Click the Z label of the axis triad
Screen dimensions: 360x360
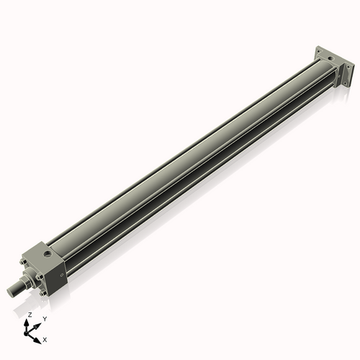[x=30, y=315]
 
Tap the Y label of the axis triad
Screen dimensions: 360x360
[x=45, y=319]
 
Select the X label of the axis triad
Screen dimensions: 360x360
[x=45, y=338]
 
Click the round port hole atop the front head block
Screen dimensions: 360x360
[x=48, y=254]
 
